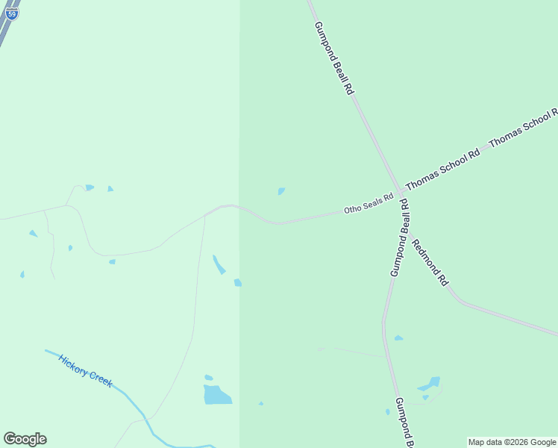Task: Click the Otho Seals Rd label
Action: coord(368,205)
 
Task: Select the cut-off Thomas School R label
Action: coord(523,128)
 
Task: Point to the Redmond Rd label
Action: coord(430,262)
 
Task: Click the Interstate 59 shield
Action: coord(12,13)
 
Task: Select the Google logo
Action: coord(25,439)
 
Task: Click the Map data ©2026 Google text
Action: coord(512,442)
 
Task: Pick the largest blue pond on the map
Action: coord(217,394)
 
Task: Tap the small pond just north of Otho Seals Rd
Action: coord(281,191)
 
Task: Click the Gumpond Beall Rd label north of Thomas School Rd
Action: coord(333,57)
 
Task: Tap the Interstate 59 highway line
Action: coord(6,31)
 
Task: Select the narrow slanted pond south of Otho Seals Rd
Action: coord(219,264)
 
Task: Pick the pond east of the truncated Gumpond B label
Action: coord(430,385)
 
